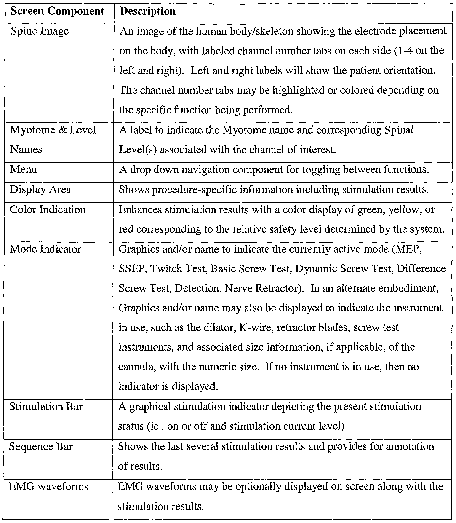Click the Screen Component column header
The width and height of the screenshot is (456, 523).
(58, 11)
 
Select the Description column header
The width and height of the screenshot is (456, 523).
(148, 11)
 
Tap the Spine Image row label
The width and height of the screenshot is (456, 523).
(40, 31)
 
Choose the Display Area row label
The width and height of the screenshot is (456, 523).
(40, 189)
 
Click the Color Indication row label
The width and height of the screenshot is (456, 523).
(48, 209)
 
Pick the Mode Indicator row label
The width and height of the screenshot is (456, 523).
(45, 249)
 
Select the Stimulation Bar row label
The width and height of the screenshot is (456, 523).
(46, 407)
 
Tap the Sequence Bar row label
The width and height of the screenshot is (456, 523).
(41, 447)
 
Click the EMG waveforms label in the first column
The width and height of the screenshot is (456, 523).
(48, 487)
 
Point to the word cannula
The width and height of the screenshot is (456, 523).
(137, 367)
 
